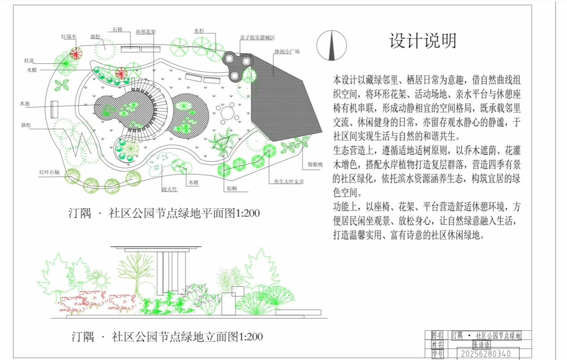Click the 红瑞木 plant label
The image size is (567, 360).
pos(69,37)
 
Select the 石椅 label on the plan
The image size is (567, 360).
pos(117,30)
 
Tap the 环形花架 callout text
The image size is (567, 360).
pos(146,32)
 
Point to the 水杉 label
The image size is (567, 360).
pos(199,31)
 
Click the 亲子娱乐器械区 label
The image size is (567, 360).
pos(257,38)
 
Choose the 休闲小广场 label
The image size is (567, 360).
pos(287,51)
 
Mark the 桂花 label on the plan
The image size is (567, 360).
pos(30,60)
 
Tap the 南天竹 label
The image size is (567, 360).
pos(170,189)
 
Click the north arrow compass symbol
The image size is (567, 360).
pos(331,45)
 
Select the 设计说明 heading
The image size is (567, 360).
pos(422,41)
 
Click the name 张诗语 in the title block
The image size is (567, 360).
pos(481,345)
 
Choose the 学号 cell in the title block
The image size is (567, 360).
pos(438,354)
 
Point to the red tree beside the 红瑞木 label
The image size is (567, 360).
pos(76,53)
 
